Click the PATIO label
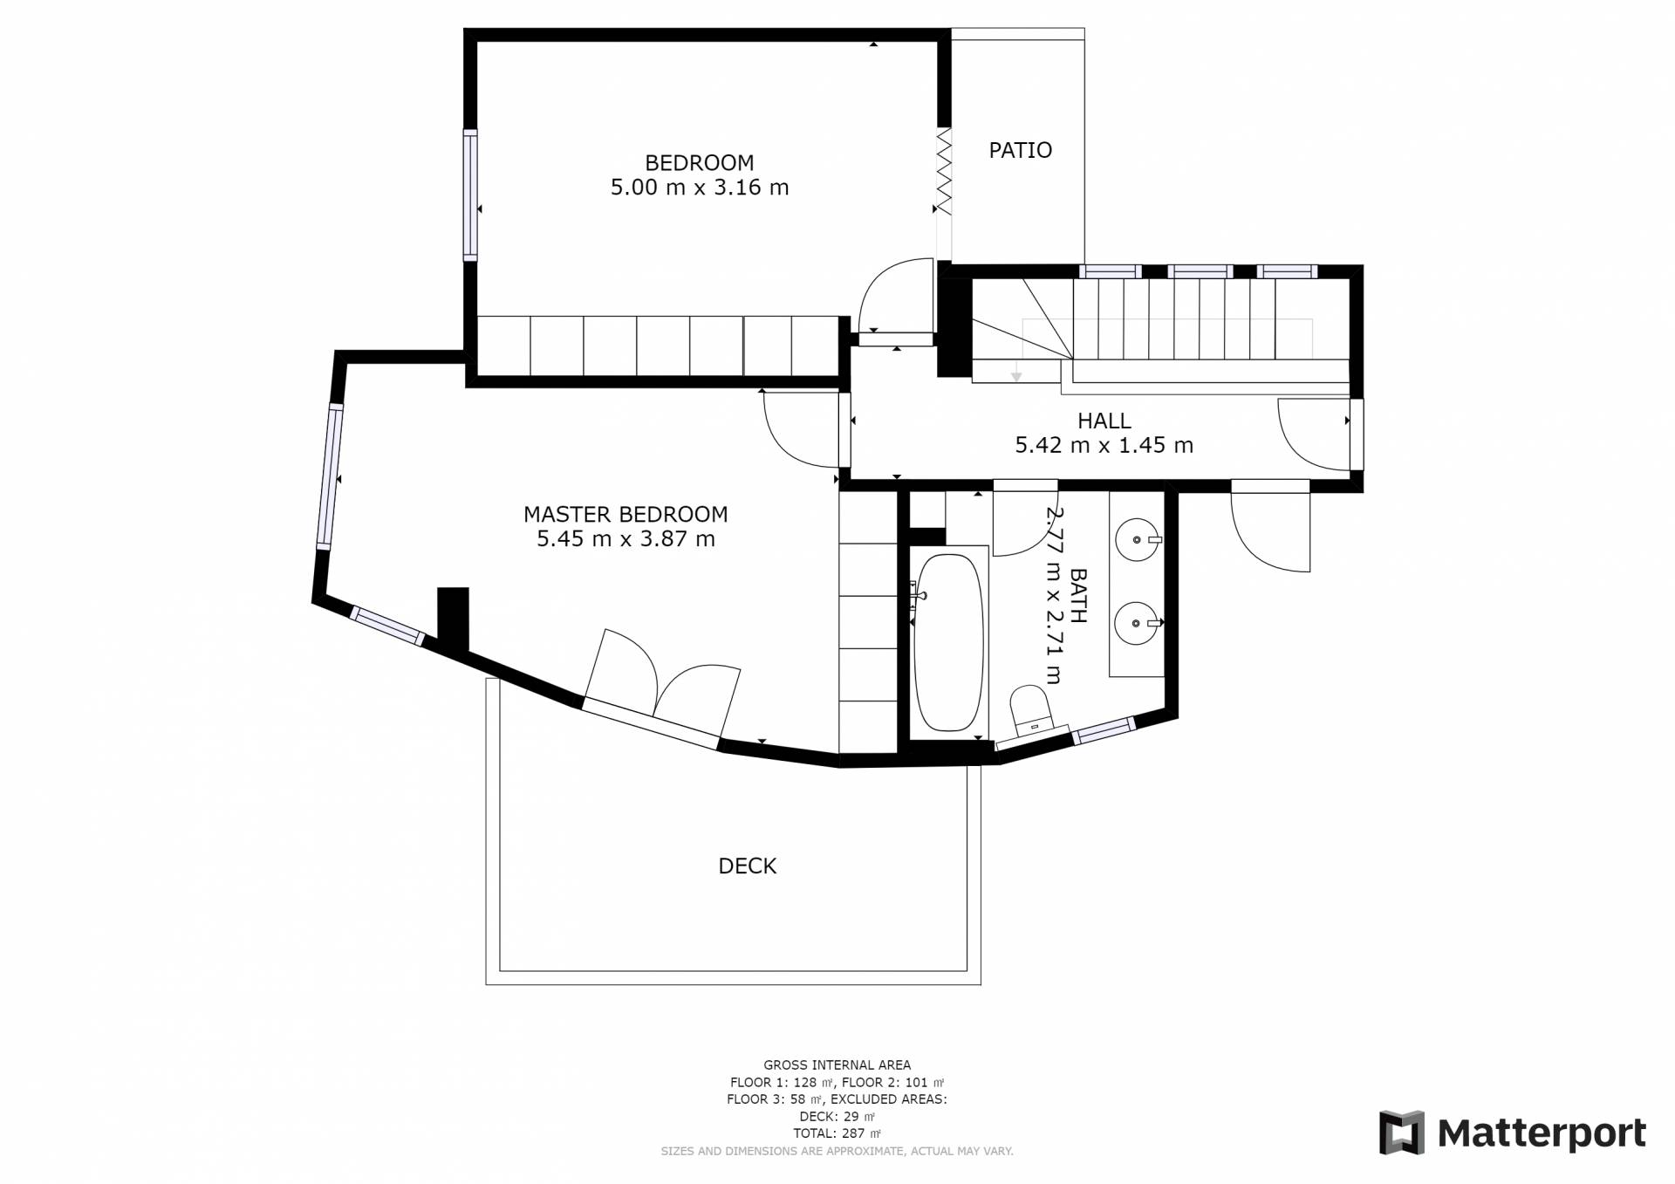tap(1020, 150)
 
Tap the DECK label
tap(747, 866)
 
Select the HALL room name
tap(1104, 421)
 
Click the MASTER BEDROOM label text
tap(626, 514)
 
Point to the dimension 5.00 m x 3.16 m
tap(700, 187)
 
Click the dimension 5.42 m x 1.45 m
tap(1104, 445)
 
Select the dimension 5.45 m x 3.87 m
tap(626, 538)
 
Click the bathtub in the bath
tap(948, 642)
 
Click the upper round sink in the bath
tap(1137, 540)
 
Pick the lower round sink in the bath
tap(1137, 623)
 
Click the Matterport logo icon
tap(1401, 1133)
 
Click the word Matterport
tap(1542, 1133)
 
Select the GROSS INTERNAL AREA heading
tap(837, 1064)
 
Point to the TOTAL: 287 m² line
tap(837, 1133)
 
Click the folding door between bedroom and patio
tap(943, 171)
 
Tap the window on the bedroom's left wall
tap(470, 195)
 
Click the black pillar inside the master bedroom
tap(453, 620)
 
